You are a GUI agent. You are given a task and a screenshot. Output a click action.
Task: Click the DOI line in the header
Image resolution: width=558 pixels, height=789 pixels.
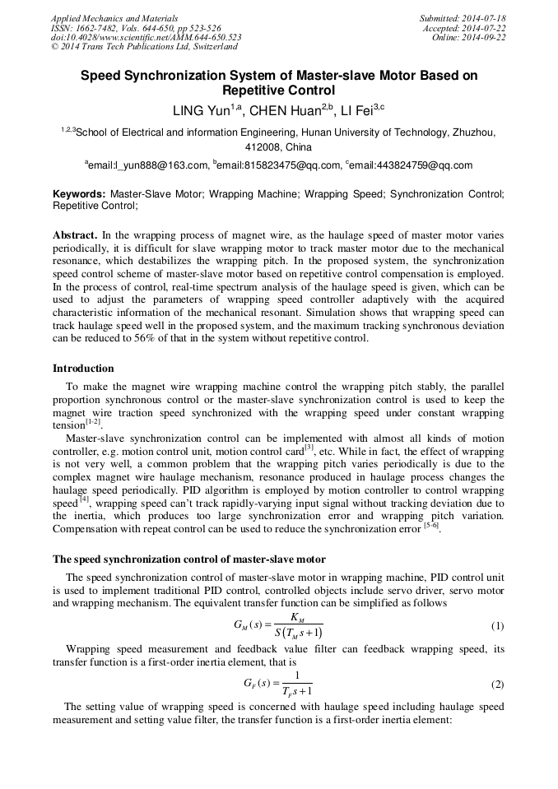click(x=146, y=38)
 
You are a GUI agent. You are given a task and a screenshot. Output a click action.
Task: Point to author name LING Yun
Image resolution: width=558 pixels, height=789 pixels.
click(x=202, y=110)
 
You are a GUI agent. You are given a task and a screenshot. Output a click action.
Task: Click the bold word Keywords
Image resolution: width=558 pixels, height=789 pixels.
click(x=79, y=195)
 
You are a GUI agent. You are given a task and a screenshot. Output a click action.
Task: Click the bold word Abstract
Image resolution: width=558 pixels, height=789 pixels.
click(x=77, y=234)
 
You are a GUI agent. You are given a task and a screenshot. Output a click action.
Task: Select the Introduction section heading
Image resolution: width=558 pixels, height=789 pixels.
click(x=83, y=368)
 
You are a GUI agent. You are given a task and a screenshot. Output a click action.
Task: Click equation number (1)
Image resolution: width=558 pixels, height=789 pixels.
click(x=497, y=626)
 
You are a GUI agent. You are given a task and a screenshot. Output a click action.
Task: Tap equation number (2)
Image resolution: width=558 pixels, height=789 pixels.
click(x=497, y=685)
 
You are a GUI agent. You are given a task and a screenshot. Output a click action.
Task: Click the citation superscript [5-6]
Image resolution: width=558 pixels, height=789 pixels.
click(x=431, y=526)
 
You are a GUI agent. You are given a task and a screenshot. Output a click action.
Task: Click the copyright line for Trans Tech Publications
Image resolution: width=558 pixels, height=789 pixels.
click(x=144, y=48)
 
